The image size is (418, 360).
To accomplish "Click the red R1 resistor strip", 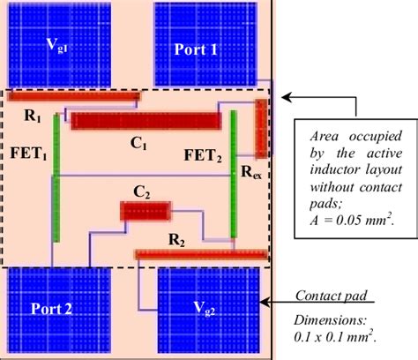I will click(75, 94).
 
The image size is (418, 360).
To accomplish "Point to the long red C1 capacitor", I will click(146, 122).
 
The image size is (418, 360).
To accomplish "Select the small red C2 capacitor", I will click(146, 211).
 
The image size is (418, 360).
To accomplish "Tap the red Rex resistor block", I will click(262, 127).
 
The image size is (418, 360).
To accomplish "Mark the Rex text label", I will click(251, 174).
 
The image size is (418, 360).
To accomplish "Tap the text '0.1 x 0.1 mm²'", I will click(336, 336).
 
